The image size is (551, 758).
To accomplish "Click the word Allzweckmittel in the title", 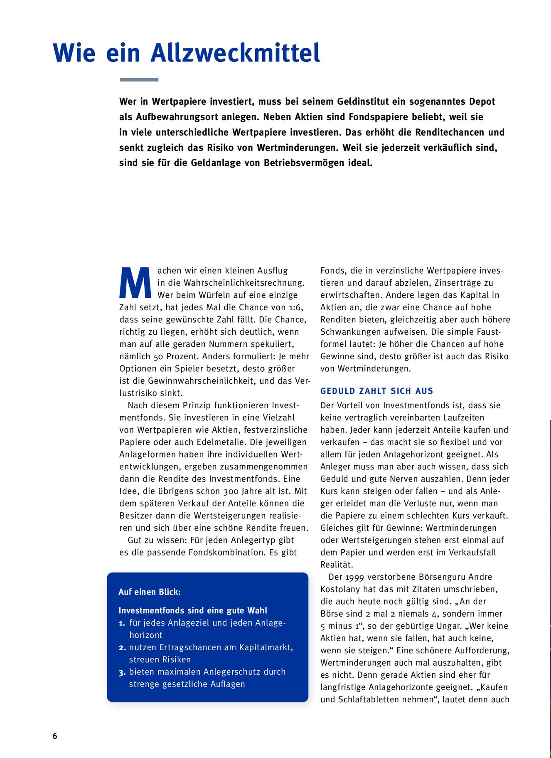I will [235, 53].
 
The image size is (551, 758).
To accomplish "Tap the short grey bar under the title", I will [139, 79].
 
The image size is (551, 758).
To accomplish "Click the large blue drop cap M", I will [135, 283].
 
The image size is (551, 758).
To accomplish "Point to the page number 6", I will [55, 736].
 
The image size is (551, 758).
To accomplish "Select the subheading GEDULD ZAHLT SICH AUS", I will [376, 391].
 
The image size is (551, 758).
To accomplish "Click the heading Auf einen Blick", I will [150, 592].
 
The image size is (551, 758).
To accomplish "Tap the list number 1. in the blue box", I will [122, 623].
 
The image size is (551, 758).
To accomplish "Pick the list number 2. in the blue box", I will [122, 648].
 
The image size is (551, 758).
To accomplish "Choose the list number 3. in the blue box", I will [122, 672].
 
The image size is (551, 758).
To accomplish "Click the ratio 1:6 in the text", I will [295, 307].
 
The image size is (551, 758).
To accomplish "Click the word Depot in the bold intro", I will [482, 101].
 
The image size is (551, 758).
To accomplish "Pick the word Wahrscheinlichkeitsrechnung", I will [244, 283].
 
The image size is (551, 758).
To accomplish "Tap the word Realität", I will [337, 565].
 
